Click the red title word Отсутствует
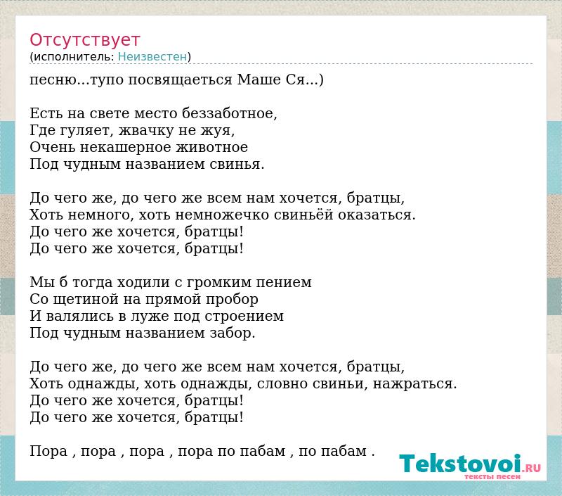(x=84, y=40)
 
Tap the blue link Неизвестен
(x=152, y=57)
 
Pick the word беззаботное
(x=230, y=113)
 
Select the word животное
(x=212, y=147)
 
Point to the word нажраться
(x=415, y=384)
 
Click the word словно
(x=282, y=383)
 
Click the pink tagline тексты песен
(x=492, y=476)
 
